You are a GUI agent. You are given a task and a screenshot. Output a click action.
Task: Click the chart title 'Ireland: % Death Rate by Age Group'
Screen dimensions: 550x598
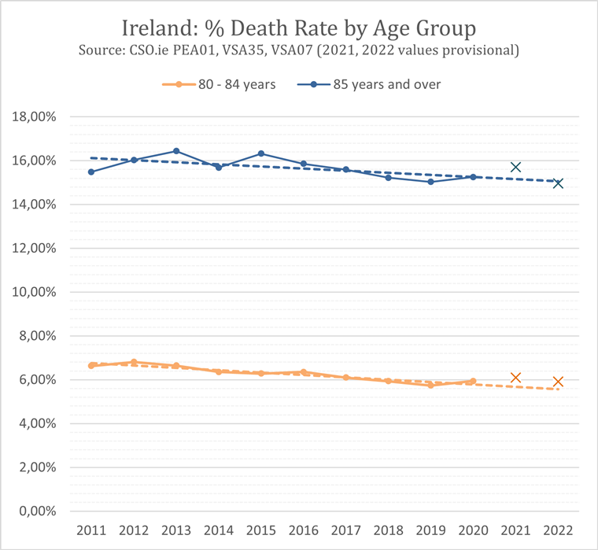pos(299,29)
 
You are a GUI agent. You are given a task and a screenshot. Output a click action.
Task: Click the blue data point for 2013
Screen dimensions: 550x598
pos(176,151)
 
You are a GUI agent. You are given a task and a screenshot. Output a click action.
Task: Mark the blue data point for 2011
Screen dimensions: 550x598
pos(91,172)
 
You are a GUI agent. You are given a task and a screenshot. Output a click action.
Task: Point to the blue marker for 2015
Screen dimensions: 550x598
pos(261,153)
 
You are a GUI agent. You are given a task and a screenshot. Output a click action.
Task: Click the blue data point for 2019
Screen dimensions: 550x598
pos(430,182)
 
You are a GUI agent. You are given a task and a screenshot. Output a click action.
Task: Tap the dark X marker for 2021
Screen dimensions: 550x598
pos(515,167)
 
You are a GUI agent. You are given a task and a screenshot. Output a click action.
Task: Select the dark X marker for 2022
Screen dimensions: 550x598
pos(558,183)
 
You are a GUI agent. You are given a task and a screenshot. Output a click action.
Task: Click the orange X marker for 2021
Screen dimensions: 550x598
pos(515,378)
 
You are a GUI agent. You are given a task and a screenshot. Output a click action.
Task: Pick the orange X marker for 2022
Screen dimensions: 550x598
pos(558,382)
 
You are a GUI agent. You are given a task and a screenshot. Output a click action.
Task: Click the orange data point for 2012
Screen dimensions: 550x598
pos(134,362)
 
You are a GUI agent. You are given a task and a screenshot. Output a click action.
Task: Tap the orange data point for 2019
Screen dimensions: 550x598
pos(430,385)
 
